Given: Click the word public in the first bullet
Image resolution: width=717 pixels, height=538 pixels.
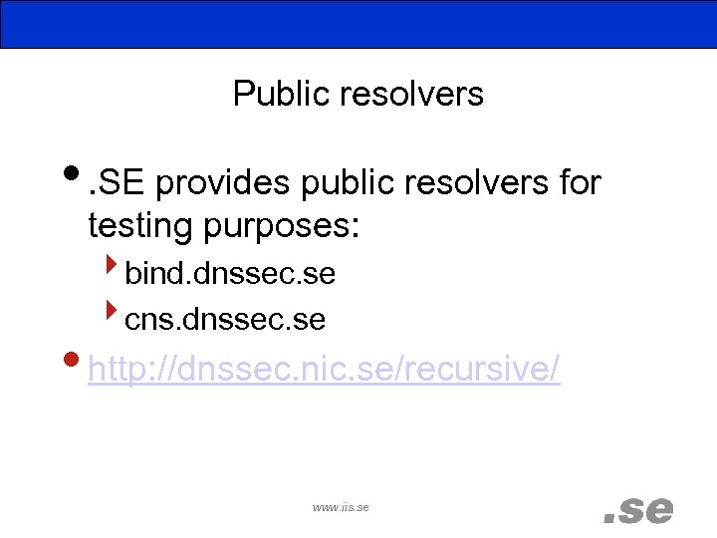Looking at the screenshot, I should [x=334, y=183].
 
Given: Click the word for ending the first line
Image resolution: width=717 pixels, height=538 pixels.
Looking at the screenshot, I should [x=580, y=183].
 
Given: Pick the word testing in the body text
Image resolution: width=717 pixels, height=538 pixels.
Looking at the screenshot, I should [x=140, y=225].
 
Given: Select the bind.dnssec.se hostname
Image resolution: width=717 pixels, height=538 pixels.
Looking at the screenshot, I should [x=230, y=273].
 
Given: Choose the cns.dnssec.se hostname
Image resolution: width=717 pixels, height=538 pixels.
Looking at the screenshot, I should [x=225, y=319].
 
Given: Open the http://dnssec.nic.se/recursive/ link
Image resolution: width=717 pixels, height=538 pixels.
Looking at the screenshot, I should [x=324, y=370].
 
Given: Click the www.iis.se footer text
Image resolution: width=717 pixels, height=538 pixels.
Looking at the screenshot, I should [x=341, y=507].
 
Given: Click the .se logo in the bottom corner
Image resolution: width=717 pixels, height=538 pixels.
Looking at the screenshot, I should [x=638, y=510].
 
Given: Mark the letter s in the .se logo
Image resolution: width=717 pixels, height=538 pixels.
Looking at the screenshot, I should [x=631, y=511].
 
